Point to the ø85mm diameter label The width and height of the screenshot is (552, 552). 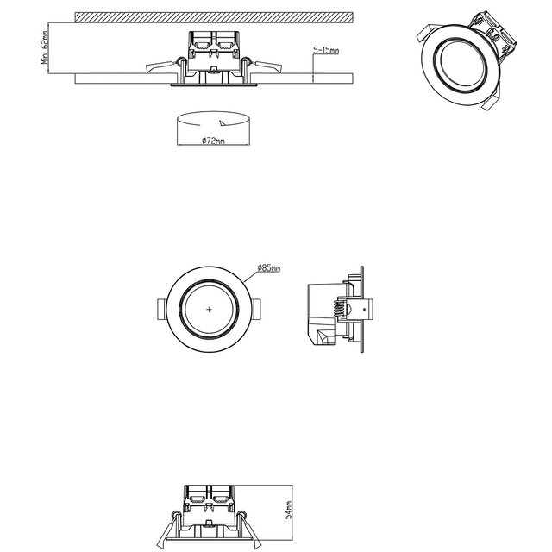269,268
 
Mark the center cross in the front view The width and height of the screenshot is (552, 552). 210,308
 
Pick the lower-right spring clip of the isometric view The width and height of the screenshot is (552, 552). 489,102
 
